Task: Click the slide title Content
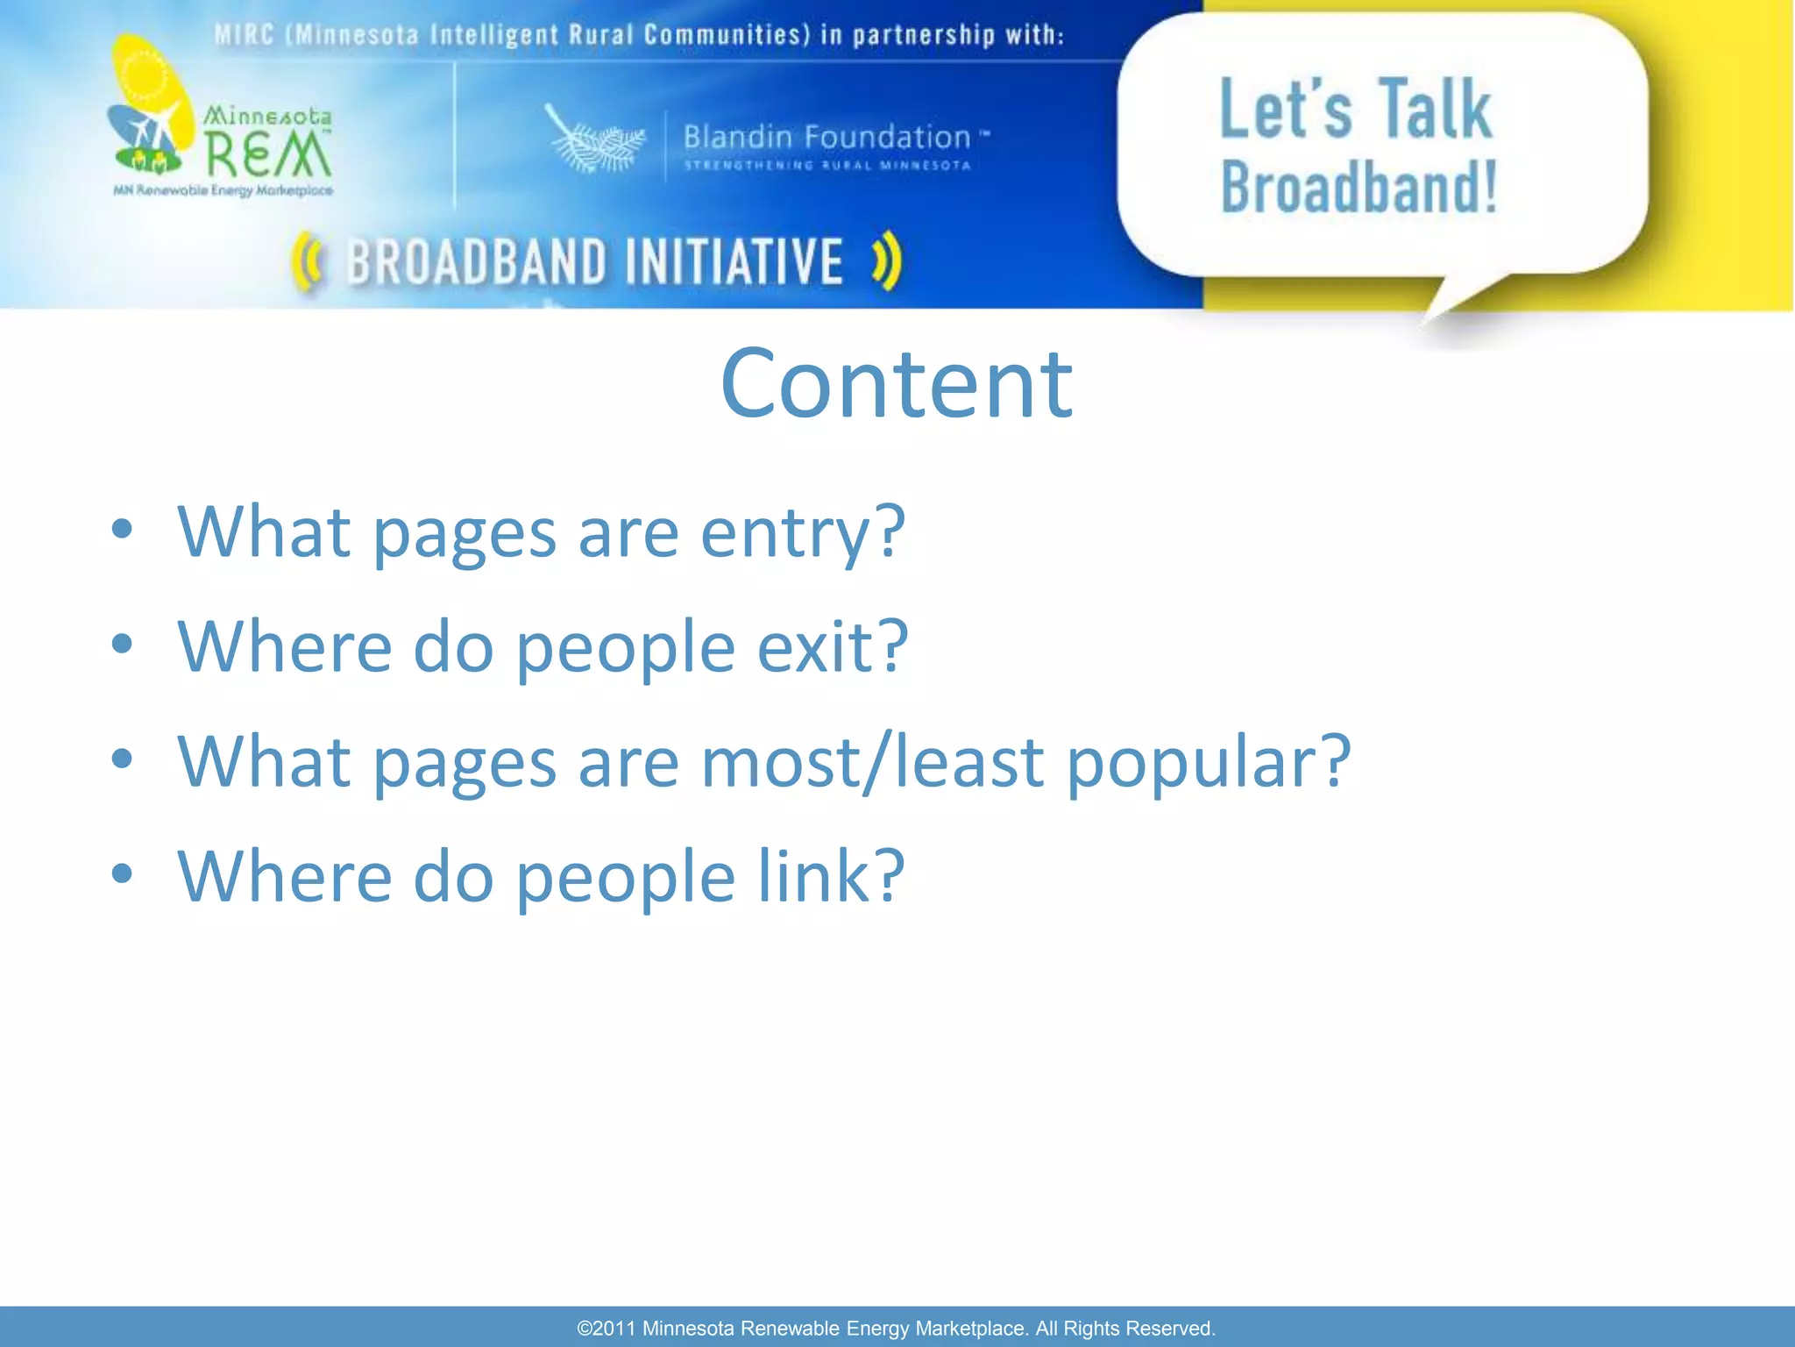click(896, 384)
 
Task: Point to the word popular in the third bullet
click(1208, 762)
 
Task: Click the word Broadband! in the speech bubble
click(1359, 188)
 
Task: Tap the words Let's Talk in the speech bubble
click(1355, 110)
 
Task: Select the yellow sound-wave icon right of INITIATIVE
click(887, 260)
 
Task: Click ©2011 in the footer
click(607, 1328)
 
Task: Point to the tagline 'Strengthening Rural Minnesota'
click(827, 166)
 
